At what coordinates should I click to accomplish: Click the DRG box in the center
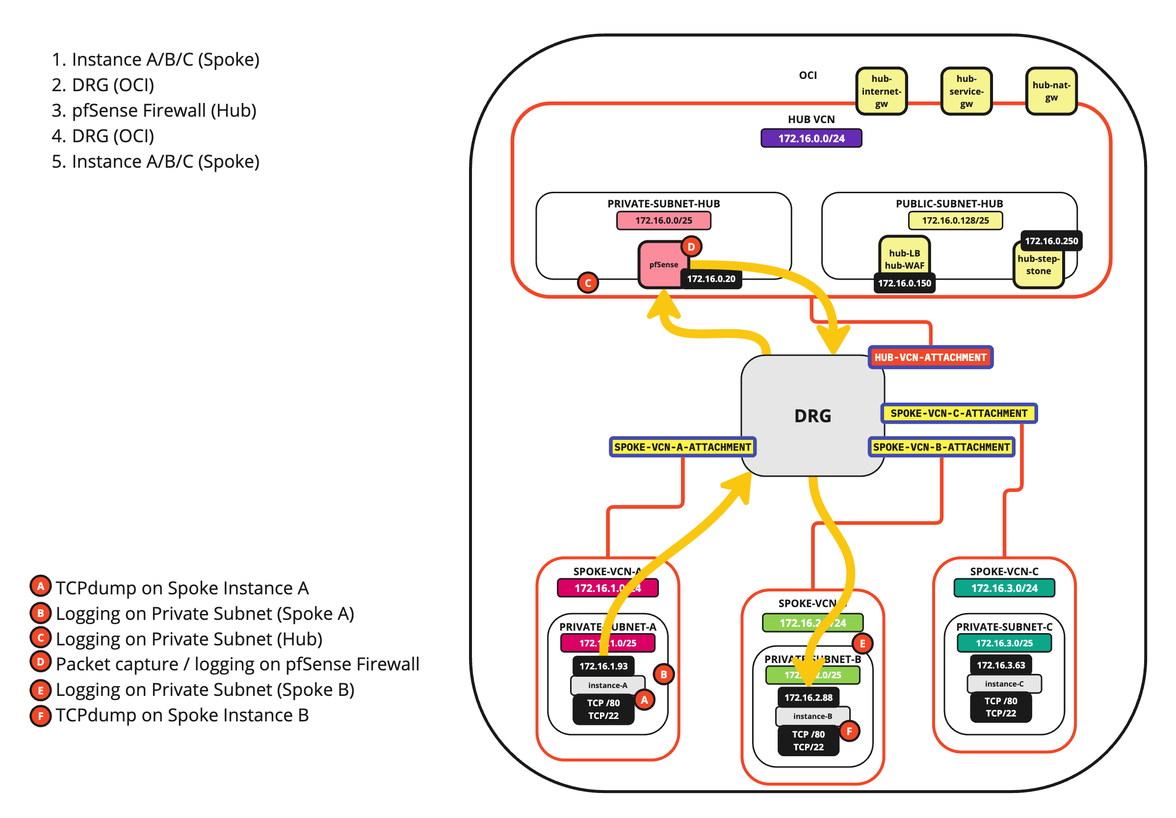[x=812, y=415]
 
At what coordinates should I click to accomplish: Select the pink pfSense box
[x=662, y=264]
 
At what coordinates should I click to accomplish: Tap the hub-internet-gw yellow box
[x=881, y=91]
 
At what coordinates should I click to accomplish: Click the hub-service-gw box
[x=966, y=91]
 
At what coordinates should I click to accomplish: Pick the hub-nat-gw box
[x=1051, y=91]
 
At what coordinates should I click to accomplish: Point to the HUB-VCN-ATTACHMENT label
[x=930, y=358]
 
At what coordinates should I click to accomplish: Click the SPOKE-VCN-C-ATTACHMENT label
[x=958, y=413]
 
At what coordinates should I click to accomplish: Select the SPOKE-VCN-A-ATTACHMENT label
[x=682, y=447]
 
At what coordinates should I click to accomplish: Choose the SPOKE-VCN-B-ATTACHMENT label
[x=941, y=447]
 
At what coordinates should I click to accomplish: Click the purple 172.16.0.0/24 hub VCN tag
[x=811, y=138]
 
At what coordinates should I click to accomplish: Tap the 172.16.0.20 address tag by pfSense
[x=710, y=279]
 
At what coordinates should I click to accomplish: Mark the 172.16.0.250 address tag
[x=1051, y=241]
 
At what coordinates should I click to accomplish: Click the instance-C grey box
[x=1003, y=683]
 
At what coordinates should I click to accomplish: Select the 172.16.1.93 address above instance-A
[x=603, y=665]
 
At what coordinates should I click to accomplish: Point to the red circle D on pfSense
[x=691, y=247]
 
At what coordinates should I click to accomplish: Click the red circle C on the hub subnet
[x=587, y=282]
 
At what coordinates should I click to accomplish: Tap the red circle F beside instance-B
[x=849, y=731]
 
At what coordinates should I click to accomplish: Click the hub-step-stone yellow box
[x=1038, y=265]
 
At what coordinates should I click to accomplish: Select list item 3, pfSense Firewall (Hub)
[x=154, y=110]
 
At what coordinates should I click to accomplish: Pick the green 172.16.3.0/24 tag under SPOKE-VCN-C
[x=1004, y=588]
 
